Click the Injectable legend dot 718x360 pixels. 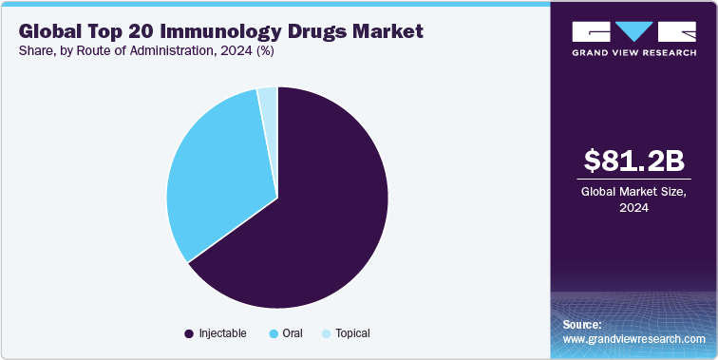(189, 333)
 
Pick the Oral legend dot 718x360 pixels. (274, 333)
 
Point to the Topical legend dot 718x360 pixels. (327, 333)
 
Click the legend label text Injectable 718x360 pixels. (222, 333)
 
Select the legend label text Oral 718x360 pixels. (293, 333)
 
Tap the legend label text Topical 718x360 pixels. (350, 333)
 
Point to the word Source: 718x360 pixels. (582, 325)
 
